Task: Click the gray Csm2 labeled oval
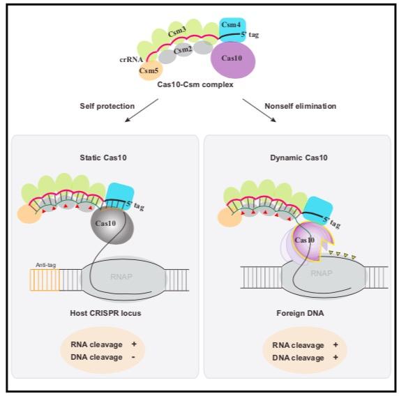[x=183, y=49]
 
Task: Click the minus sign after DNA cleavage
[x=133, y=357]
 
